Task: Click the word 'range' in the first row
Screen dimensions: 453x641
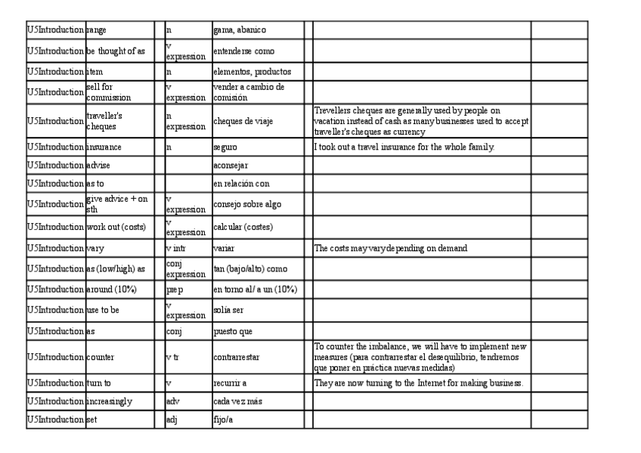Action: pos(97,30)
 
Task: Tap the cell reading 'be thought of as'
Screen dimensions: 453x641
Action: pos(116,51)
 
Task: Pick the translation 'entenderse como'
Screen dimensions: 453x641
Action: pos(243,51)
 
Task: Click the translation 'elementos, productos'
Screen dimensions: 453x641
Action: pos(252,72)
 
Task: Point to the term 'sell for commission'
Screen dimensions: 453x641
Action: pos(109,92)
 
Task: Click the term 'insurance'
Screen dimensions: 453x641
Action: pos(104,147)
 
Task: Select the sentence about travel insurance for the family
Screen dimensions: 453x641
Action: pos(404,147)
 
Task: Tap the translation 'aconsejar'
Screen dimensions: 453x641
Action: pos(231,165)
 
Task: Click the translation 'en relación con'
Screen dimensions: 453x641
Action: pos(241,184)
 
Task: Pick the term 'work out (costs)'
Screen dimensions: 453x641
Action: pos(116,227)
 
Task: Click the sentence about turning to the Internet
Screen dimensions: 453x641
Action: pos(418,383)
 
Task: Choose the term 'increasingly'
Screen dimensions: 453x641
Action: pos(109,402)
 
